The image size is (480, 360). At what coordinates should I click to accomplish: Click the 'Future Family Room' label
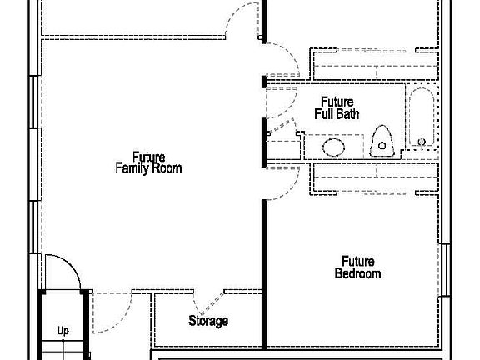pyautogui.click(x=147, y=162)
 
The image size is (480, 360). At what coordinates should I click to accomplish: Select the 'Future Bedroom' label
pyautogui.click(x=357, y=267)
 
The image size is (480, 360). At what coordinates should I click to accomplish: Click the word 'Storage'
pyautogui.click(x=207, y=321)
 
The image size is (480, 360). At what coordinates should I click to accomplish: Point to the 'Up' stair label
pyautogui.click(x=63, y=330)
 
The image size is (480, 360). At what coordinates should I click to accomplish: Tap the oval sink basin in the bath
pyautogui.click(x=333, y=147)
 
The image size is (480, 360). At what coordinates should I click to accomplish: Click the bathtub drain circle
pyautogui.click(x=422, y=142)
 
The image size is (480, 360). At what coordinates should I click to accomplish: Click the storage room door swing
pyautogui.click(x=207, y=300)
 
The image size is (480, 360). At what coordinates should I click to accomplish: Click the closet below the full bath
pyautogui.click(x=372, y=177)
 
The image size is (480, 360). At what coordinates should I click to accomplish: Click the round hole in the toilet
pyautogui.click(x=382, y=146)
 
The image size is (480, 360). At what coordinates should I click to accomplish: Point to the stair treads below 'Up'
pyautogui.click(x=63, y=350)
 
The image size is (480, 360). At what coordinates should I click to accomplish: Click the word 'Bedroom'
pyautogui.click(x=357, y=273)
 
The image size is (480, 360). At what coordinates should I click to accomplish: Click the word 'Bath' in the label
pyautogui.click(x=348, y=113)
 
